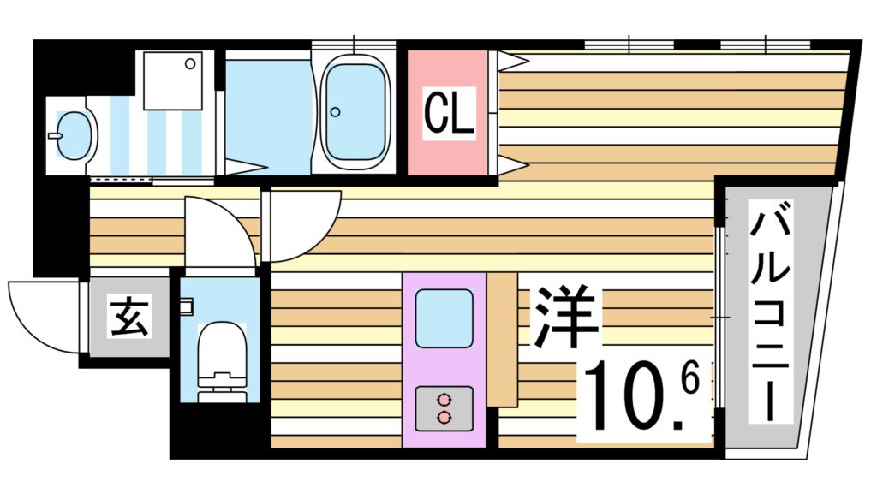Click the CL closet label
click(x=450, y=113)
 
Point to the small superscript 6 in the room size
click(x=692, y=377)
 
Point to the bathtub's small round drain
click(x=336, y=112)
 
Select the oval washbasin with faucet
click(x=72, y=134)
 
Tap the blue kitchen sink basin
click(x=444, y=318)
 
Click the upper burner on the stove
click(x=444, y=399)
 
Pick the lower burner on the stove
click(x=444, y=417)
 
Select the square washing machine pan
click(x=172, y=80)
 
